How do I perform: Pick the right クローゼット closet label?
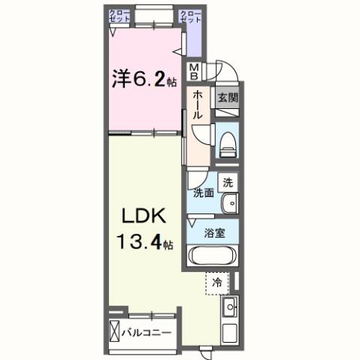tap(191, 17)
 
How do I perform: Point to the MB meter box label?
tap(195, 71)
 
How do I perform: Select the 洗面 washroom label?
tap(203, 192)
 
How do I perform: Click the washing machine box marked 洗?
tap(228, 182)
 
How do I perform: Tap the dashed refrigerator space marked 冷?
tap(216, 283)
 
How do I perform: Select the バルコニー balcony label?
tap(147, 331)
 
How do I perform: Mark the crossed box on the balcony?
tap(115, 331)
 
